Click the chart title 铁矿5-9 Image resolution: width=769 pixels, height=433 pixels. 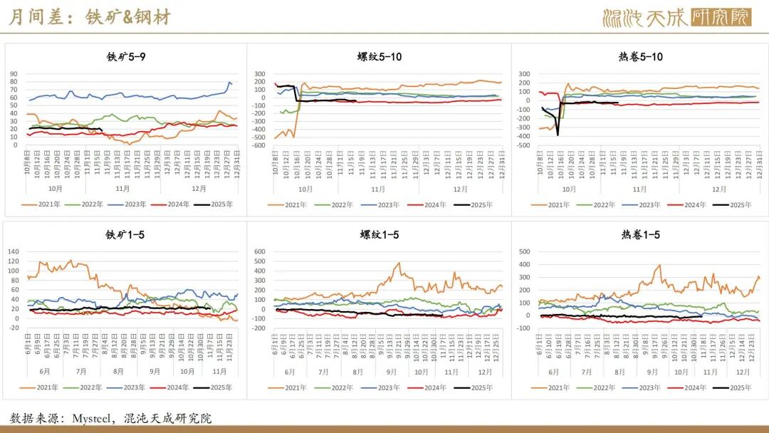pyautogui.click(x=127, y=56)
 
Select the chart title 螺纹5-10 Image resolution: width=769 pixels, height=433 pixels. pyautogui.click(x=380, y=56)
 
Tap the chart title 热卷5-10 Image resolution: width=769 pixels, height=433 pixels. pyautogui.click(x=640, y=56)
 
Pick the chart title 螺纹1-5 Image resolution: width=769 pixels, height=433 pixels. pyautogui.click(x=380, y=234)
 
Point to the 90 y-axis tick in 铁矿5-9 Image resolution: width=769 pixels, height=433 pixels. pyautogui.click(x=14, y=73)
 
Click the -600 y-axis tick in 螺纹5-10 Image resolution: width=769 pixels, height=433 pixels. pyautogui.click(x=258, y=146)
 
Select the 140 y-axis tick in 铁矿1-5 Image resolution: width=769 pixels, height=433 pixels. pyautogui.click(x=13, y=251)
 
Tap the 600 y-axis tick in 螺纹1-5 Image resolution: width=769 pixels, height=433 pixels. pyautogui.click(x=258, y=251)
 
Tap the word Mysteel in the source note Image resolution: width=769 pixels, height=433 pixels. pyautogui.click(x=94, y=418)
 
